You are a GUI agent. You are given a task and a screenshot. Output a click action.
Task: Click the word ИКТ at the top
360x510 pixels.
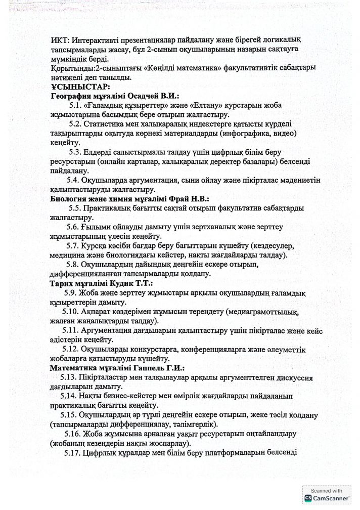(x=60, y=39)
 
